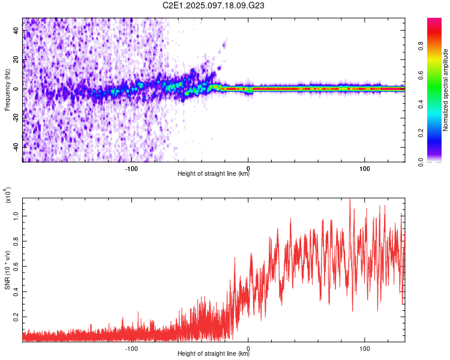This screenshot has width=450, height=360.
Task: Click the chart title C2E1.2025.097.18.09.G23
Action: point(214,6)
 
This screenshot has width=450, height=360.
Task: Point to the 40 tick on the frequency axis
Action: point(16,31)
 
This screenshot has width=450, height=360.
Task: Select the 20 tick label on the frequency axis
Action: point(16,60)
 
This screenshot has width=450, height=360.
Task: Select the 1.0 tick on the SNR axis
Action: point(16,215)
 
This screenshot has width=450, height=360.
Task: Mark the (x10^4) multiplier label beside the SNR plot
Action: point(7,196)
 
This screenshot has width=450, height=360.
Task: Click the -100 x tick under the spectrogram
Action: point(131,168)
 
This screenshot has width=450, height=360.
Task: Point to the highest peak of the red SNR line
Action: point(350,199)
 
